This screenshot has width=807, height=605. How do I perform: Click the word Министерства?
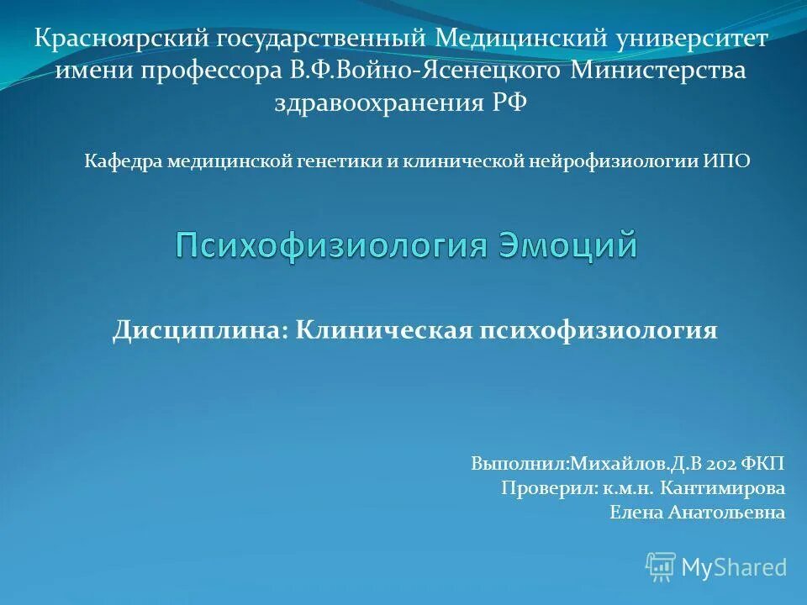coord(659,71)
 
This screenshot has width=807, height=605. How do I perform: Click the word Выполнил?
coord(520,464)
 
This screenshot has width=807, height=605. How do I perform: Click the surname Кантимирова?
coord(723,488)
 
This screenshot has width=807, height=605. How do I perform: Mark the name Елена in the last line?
coord(635,513)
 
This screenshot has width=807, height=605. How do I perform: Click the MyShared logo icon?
coord(661,567)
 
